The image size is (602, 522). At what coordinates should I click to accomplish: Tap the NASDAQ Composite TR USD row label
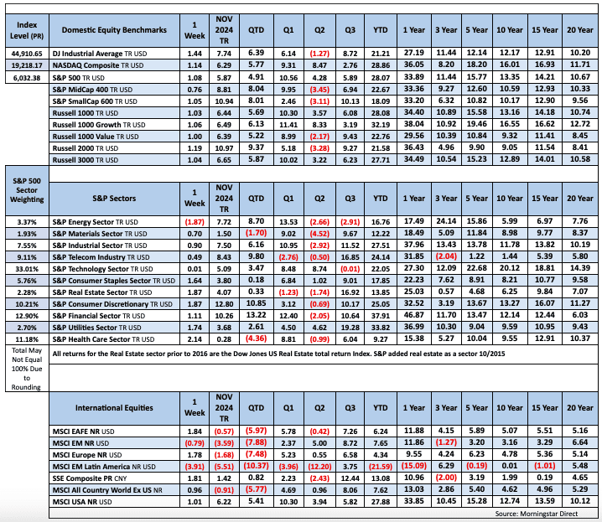pyautogui.click(x=107, y=64)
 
